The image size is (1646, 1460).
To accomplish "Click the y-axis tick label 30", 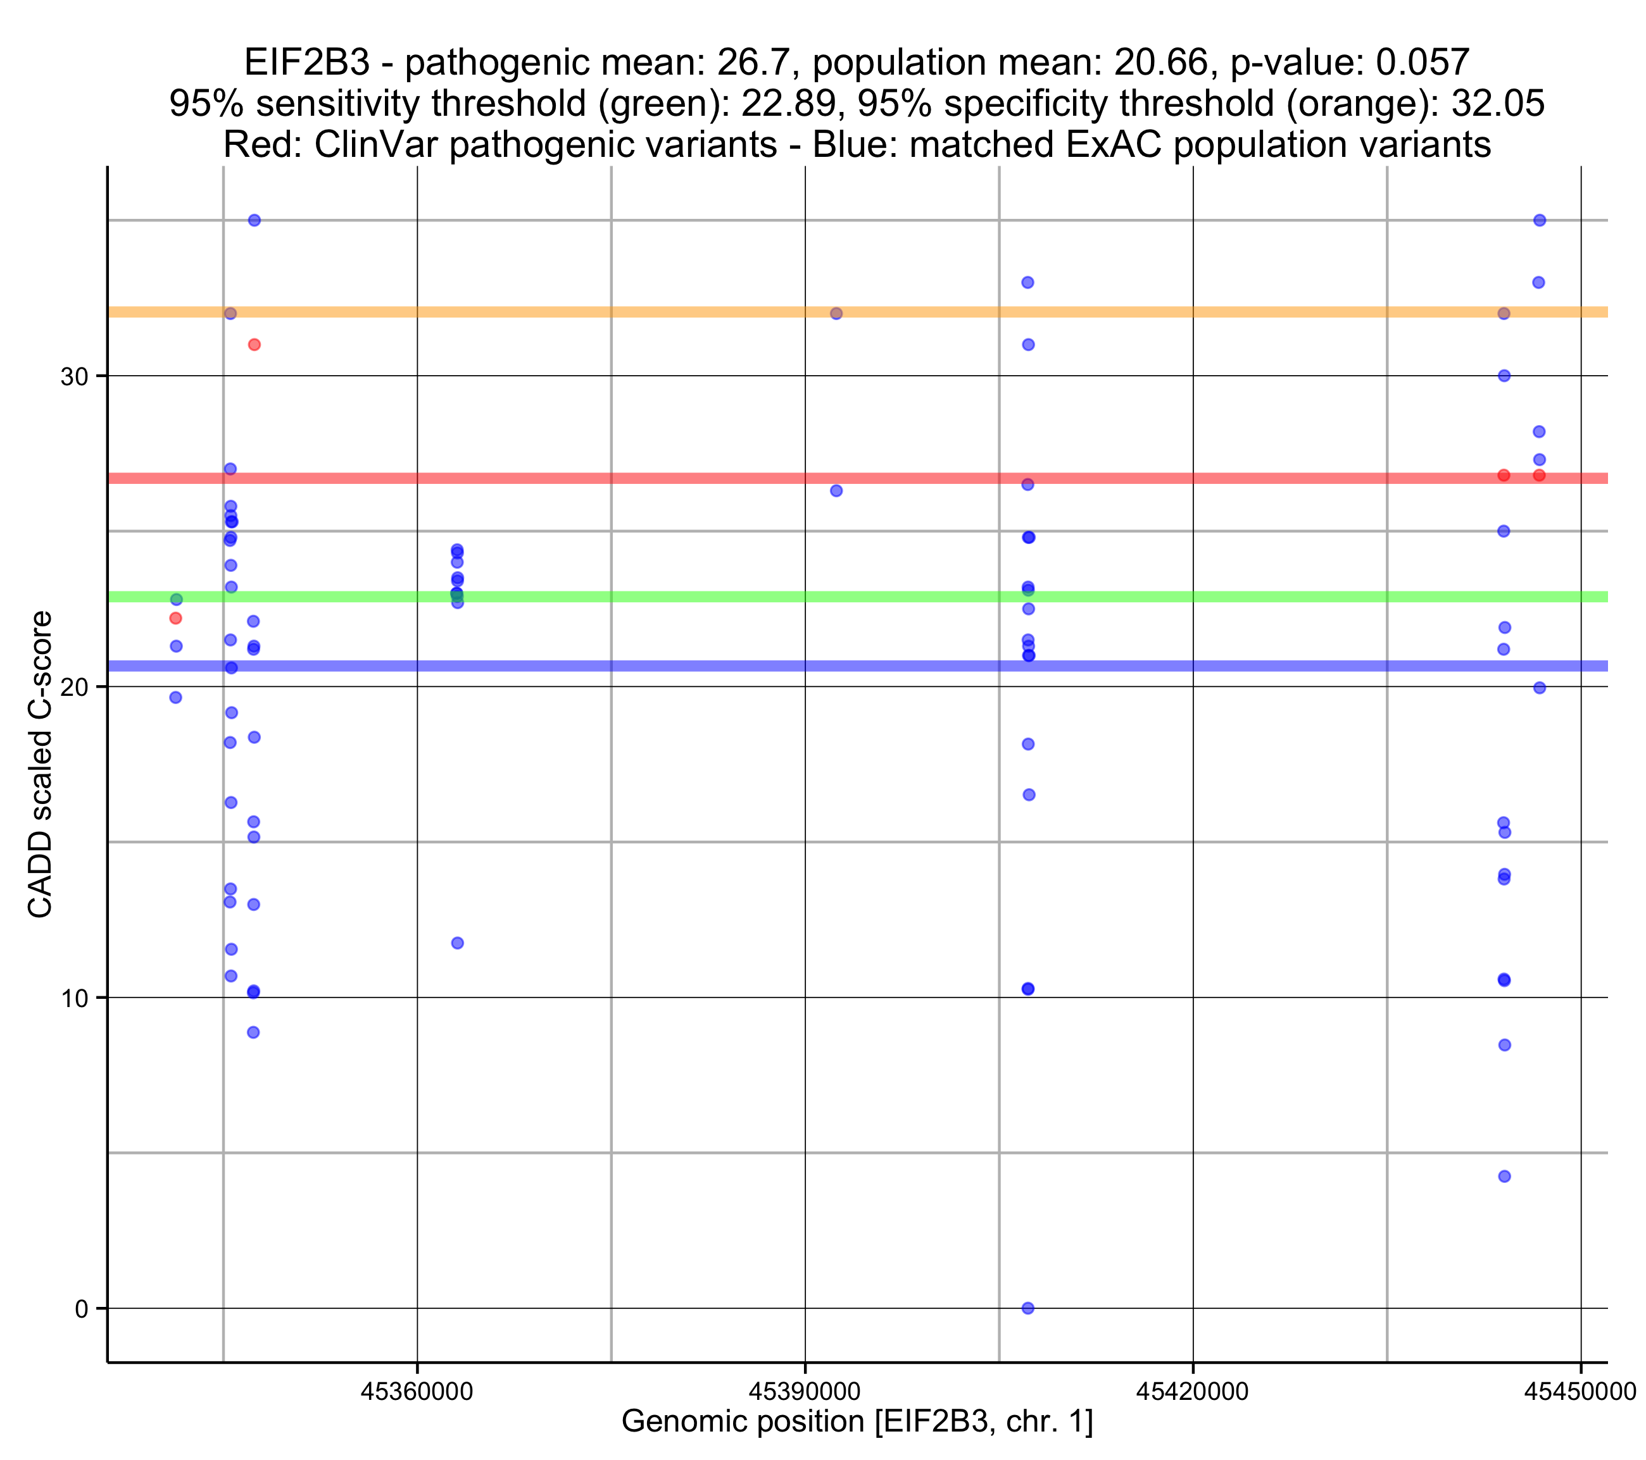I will tap(73, 376).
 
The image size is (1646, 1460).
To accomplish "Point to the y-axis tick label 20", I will tap(73, 688).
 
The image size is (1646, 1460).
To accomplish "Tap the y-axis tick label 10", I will tap(73, 998).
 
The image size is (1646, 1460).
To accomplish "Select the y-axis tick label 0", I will tap(81, 1309).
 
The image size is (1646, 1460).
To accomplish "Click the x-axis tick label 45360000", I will tap(417, 1392).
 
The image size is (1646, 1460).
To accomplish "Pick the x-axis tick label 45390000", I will tap(805, 1392).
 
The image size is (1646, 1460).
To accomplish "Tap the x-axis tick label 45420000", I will tap(1192, 1392).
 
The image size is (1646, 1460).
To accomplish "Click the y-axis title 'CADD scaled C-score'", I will tap(41, 765).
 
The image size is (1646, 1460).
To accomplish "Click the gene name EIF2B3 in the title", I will tap(307, 63).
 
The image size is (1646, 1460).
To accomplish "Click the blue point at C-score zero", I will tap(1027, 1309).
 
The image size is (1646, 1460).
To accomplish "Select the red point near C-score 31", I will tap(254, 345).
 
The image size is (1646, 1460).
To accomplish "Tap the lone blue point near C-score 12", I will tap(458, 943).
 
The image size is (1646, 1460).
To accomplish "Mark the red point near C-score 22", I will tap(175, 618).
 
